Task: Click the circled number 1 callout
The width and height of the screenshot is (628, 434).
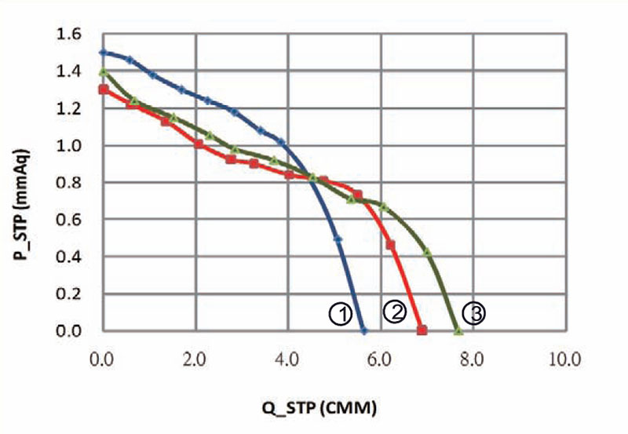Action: click(x=339, y=314)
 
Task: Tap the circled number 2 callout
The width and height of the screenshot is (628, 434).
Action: click(x=394, y=311)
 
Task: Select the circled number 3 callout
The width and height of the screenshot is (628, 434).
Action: click(x=473, y=313)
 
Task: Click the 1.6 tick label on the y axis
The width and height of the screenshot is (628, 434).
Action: click(x=69, y=35)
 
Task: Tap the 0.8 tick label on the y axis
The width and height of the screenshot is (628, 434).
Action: click(x=69, y=183)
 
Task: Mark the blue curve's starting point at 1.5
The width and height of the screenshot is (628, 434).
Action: click(x=102, y=53)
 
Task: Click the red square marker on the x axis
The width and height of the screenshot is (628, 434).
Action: click(x=422, y=330)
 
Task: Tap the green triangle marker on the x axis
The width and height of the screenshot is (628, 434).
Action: click(x=459, y=330)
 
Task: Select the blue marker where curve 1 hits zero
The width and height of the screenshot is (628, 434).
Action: click(x=363, y=330)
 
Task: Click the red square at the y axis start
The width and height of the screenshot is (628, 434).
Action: click(x=103, y=89)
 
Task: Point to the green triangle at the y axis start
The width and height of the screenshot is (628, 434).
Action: click(x=103, y=72)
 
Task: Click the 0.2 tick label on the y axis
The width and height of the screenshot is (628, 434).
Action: click(x=69, y=294)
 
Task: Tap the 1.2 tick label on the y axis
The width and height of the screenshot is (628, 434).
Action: click(x=69, y=108)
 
